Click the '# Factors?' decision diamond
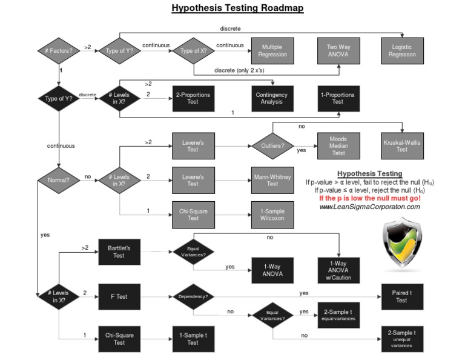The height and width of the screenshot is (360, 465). tap(59, 50)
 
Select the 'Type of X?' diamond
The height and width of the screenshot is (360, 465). tap(193, 50)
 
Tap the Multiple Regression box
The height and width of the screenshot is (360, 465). tap(272, 50)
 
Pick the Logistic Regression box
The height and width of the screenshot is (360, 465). tap(402, 50)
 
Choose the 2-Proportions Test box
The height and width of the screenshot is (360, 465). tap(193, 98)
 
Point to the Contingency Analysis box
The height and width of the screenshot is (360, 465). tap(272, 98)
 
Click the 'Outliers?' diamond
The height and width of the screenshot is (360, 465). tap(273, 146)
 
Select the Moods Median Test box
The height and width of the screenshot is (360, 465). tap(338, 145)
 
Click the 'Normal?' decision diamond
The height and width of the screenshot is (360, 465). tap(59, 179)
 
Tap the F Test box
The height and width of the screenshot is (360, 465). tap(119, 296)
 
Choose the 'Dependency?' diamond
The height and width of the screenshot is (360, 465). tap(193, 297)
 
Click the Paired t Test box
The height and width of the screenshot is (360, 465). tap(402, 296)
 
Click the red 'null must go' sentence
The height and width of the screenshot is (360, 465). tap(369, 199)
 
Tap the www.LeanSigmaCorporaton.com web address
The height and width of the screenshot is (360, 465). tap(369, 207)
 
